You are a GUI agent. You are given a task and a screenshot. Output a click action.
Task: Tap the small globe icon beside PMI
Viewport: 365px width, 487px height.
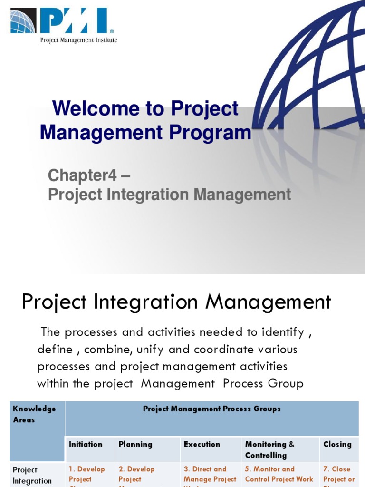tap(23, 22)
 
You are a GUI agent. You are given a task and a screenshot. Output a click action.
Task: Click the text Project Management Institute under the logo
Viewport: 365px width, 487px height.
tap(78, 40)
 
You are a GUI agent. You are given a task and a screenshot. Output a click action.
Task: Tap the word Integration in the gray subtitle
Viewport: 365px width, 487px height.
tap(153, 195)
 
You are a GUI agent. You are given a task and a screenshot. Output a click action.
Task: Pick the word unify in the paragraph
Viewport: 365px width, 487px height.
tap(149, 349)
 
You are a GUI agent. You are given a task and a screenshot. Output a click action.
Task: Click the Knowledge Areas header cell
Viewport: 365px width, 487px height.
tap(34, 414)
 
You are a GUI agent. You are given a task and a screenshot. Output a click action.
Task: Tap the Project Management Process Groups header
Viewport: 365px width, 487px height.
tap(211, 409)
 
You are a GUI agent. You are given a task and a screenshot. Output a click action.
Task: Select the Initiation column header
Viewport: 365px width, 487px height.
tap(86, 444)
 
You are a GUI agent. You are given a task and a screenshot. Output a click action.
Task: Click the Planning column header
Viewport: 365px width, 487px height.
tap(135, 444)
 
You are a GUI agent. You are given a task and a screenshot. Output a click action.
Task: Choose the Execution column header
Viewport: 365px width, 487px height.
tap(202, 444)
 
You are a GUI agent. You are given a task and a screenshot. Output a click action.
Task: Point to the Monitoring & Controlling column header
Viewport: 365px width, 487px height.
tap(269, 449)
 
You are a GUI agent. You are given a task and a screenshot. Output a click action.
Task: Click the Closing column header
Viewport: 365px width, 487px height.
tap(337, 444)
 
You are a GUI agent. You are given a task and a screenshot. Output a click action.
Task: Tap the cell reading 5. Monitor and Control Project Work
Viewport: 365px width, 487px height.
tap(279, 474)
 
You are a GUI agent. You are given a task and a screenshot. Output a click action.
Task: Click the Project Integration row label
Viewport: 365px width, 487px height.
tap(32, 475)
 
